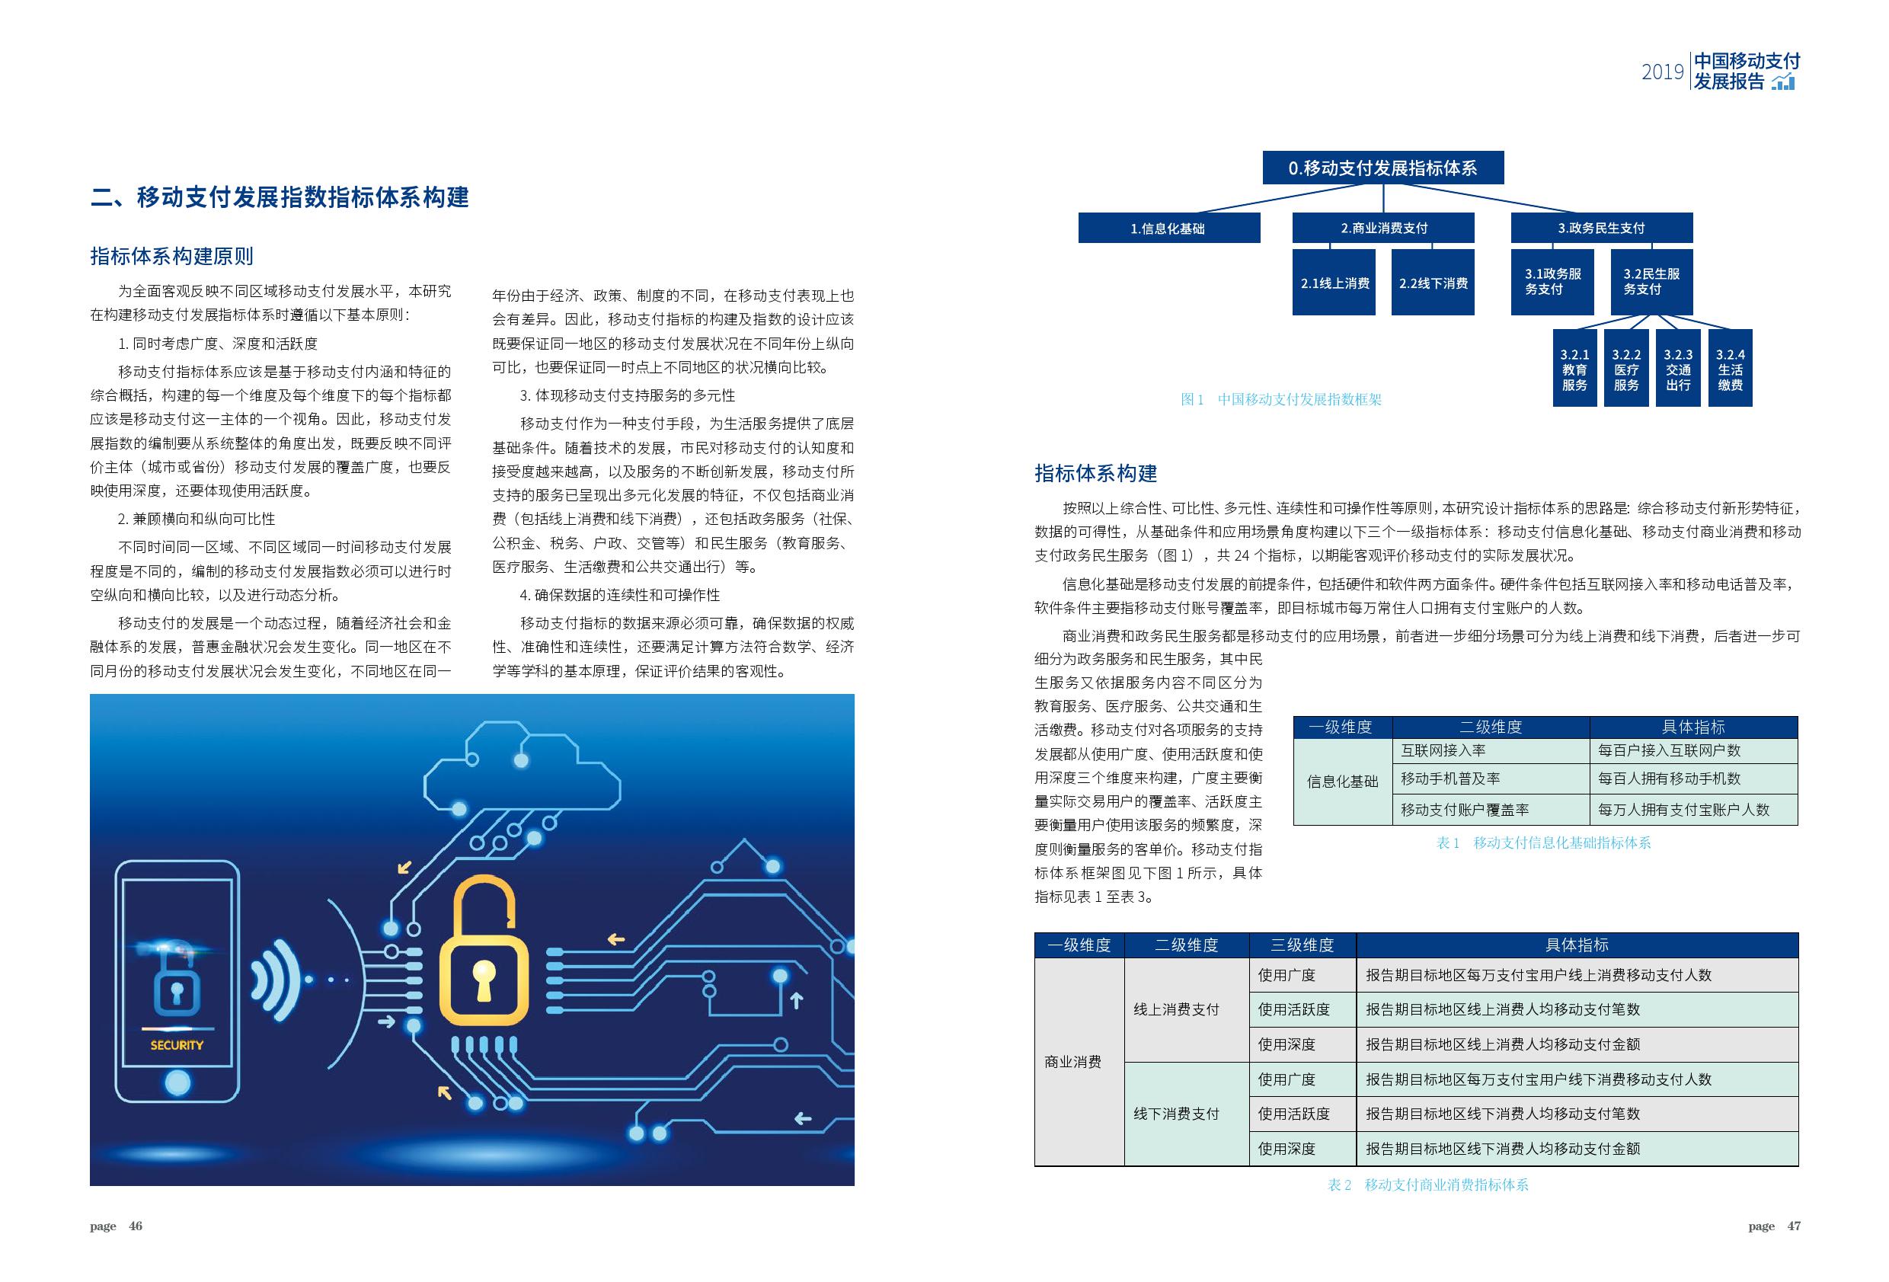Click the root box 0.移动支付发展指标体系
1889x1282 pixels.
click(x=1382, y=168)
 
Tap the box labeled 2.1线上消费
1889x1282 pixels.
click(x=1334, y=283)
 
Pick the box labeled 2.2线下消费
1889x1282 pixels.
click(x=1432, y=283)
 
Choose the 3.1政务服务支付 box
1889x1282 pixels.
click(x=1552, y=281)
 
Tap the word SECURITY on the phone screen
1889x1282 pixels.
click(x=177, y=1045)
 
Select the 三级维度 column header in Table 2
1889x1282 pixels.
click(x=1302, y=945)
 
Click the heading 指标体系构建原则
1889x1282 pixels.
click(x=171, y=256)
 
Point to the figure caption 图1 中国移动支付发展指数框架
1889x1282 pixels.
click(x=1281, y=399)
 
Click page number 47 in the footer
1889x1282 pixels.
click(x=1793, y=1226)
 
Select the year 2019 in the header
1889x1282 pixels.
click(x=1663, y=72)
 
